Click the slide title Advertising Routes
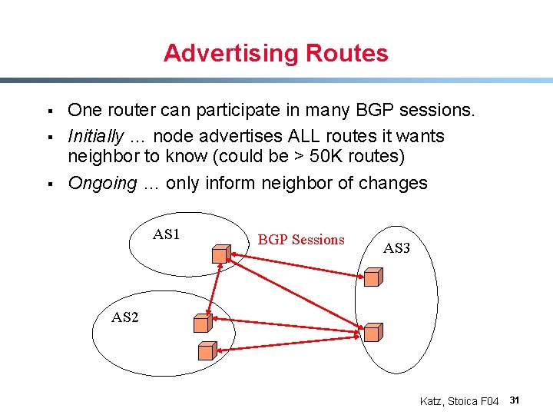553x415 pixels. (x=276, y=53)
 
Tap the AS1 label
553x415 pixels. (x=166, y=234)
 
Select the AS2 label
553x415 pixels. (x=125, y=317)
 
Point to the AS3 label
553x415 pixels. (x=396, y=248)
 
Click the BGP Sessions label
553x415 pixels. (x=301, y=240)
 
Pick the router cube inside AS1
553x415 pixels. (x=221, y=253)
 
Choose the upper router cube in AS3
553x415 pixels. (x=373, y=277)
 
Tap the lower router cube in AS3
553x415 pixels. (x=373, y=332)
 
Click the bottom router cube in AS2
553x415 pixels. (x=207, y=351)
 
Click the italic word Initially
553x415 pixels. (x=95, y=136)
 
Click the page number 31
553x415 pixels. (x=515, y=400)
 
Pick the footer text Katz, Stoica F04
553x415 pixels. (x=459, y=401)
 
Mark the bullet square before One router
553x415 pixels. (x=48, y=111)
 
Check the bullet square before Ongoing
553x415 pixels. (x=48, y=184)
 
